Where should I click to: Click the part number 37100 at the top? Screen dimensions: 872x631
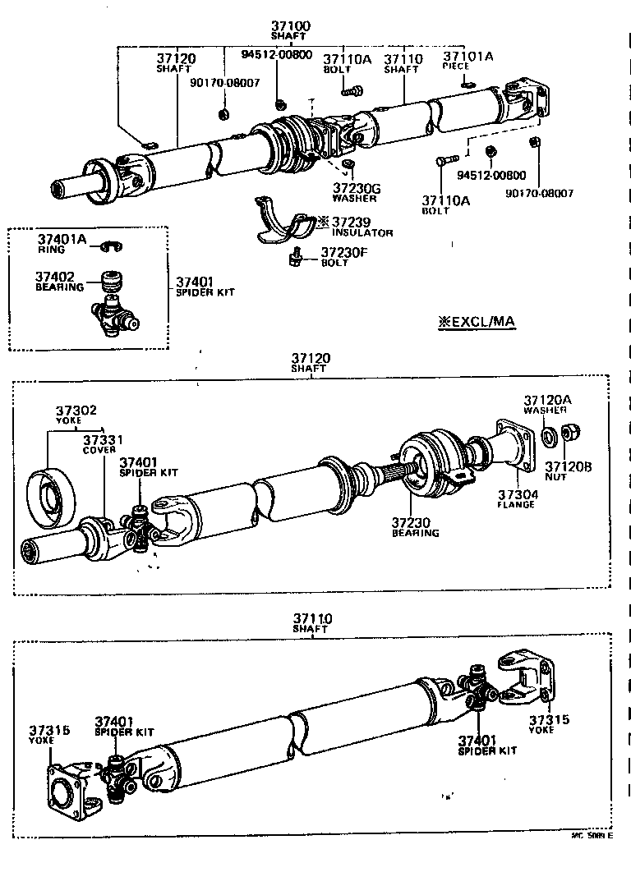click(x=291, y=26)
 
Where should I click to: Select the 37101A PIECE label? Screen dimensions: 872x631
click(x=468, y=61)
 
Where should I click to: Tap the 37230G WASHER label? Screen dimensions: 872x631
click(x=356, y=192)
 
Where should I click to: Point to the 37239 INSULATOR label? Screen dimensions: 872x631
click(x=362, y=227)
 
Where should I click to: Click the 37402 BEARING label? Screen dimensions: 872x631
click(x=59, y=282)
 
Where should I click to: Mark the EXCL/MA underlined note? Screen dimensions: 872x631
click(x=477, y=322)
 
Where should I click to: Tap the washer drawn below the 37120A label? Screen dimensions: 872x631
click(x=546, y=434)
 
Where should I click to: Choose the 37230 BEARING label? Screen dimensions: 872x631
click(x=415, y=526)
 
